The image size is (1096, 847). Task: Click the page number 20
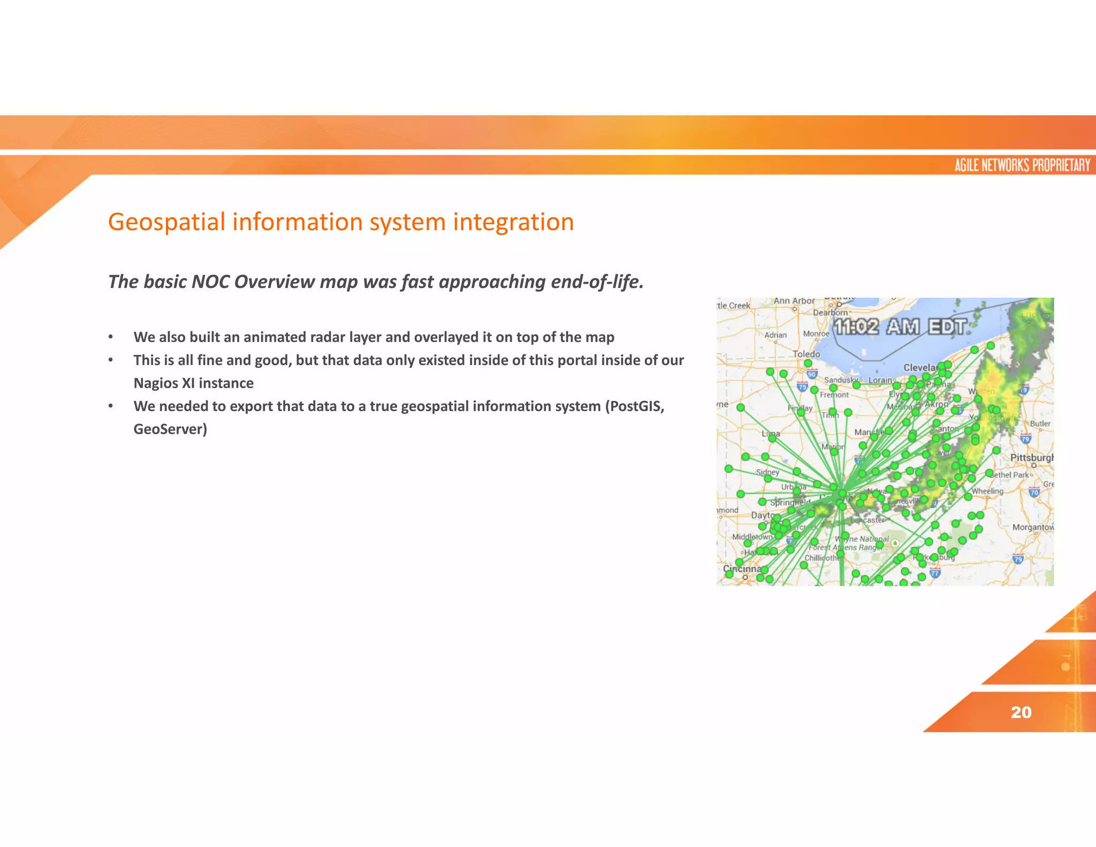coord(1021,712)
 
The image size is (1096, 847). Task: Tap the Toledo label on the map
coord(806,354)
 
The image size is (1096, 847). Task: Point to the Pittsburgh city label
coord(1031,458)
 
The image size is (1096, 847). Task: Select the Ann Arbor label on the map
coord(794,301)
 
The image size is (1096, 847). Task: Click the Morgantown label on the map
coord(1032,527)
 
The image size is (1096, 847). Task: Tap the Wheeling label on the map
coord(987,491)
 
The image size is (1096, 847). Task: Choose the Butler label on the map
coord(1040,424)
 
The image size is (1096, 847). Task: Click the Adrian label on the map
coord(775,335)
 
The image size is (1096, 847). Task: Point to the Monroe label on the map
coord(816,334)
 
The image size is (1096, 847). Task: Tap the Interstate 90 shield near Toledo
coord(812,374)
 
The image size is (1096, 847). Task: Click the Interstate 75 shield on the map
coord(802,387)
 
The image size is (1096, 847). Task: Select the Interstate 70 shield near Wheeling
coord(1034,492)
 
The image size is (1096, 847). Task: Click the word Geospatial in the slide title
coord(166,222)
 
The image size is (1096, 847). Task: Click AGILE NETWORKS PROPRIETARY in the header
coord(1022,165)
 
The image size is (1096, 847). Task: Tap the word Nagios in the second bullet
coord(156,383)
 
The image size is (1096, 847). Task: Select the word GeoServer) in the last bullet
coord(170,429)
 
